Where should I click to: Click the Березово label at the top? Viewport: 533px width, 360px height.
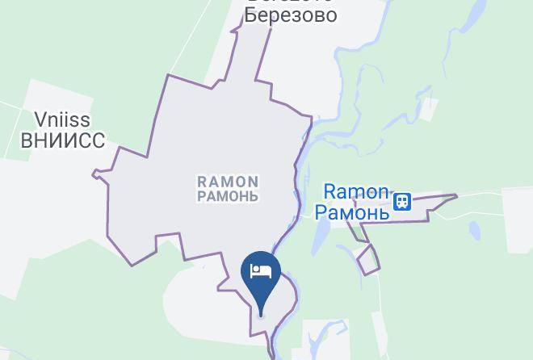pyautogui.click(x=291, y=15)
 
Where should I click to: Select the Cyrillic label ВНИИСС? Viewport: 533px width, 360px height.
pyautogui.click(x=62, y=141)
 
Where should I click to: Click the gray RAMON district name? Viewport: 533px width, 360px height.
pyautogui.click(x=229, y=182)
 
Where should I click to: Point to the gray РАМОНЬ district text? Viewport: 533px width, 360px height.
pyautogui.click(x=229, y=196)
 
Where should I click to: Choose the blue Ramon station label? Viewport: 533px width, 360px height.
pyautogui.click(x=356, y=192)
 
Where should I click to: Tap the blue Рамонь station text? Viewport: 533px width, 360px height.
pyautogui.click(x=351, y=212)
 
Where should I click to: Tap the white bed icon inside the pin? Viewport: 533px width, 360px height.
pyautogui.click(x=261, y=271)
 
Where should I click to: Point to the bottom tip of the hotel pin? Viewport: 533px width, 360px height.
pyautogui.click(x=261, y=312)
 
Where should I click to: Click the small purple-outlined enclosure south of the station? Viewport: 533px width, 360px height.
pyautogui.click(x=367, y=260)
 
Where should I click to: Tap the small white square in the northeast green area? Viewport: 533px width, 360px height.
pyautogui.click(x=428, y=109)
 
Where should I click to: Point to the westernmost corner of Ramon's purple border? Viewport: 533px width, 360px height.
pyautogui.click(x=94, y=173)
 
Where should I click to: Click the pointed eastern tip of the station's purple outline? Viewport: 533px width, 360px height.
pyautogui.click(x=457, y=195)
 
